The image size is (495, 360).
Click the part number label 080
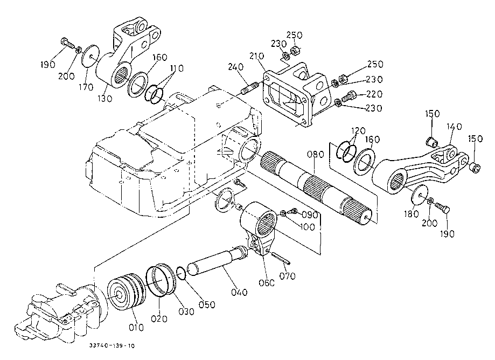click(316, 155)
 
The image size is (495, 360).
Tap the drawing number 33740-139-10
click(111, 346)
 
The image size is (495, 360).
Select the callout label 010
click(136, 328)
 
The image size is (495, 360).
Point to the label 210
click(256, 56)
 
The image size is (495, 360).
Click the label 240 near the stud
click(236, 67)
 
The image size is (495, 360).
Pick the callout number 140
click(454, 127)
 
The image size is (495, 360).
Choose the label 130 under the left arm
click(104, 99)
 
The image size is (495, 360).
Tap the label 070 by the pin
click(287, 276)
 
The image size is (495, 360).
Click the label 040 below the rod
click(239, 292)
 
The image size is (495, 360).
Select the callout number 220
click(374, 94)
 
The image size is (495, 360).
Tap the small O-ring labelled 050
click(181, 273)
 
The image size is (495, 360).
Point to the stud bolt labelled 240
click(250, 88)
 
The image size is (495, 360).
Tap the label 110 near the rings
click(177, 68)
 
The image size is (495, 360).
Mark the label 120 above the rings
click(358, 131)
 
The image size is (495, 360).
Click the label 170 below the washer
click(86, 87)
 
